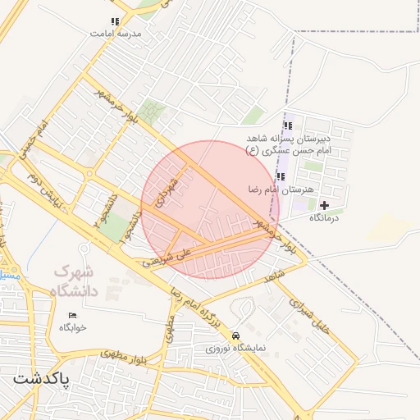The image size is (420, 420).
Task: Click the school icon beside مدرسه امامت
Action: (115, 21)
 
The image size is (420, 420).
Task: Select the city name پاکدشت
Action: (41, 380)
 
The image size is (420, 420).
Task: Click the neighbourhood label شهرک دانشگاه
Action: (75, 281)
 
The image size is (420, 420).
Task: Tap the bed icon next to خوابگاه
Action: (72, 315)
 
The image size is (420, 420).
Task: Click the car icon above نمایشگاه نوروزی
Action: (236, 336)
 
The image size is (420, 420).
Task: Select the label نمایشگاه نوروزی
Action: (236, 348)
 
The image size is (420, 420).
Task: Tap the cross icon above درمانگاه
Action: (324, 205)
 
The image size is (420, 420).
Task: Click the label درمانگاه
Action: (324, 218)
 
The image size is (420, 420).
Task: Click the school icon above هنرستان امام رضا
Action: (281, 176)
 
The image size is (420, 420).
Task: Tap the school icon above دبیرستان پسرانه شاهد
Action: (288, 126)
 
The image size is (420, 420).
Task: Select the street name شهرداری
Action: (168, 190)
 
